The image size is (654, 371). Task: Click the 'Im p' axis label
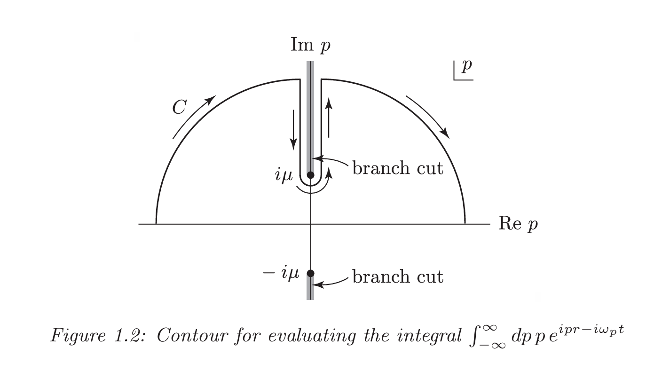pos(310,45)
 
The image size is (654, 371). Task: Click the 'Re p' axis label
pos(518,224)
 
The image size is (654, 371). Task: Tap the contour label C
pos(179,107)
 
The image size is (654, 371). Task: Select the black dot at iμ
pos(311,175)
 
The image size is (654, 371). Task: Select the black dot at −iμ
pos(311,273)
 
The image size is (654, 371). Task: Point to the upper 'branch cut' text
pos(398,168)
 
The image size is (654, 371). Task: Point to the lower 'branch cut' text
pos(398,276)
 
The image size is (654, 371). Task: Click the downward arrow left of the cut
pos(293,130)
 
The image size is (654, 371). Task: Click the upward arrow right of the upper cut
pos(329,118)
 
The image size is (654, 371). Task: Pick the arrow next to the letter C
pos(194,117)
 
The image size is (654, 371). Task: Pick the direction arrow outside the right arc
pos(428,117)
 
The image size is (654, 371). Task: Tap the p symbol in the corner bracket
pos(466,67)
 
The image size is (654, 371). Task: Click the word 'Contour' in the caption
pos(192,335)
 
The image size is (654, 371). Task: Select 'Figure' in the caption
pos(78,336)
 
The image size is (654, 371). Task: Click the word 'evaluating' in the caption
pos(312,336)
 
